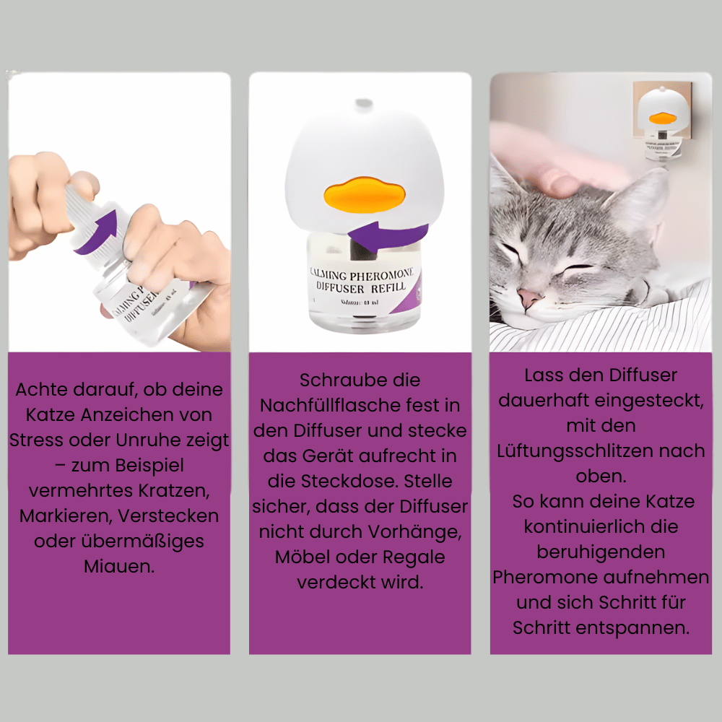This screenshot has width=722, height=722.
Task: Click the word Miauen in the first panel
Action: click(x=118, y=566)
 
